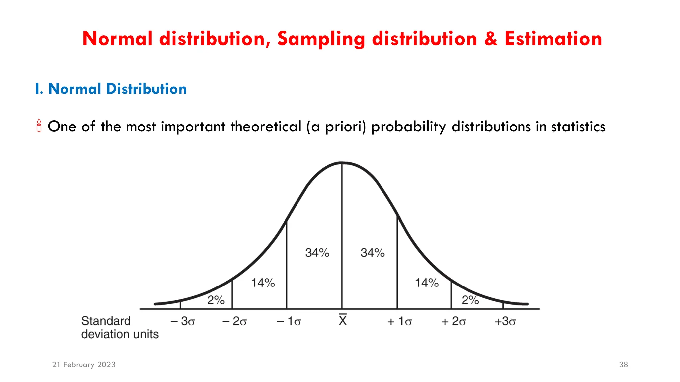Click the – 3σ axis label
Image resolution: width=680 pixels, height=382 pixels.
(x=183, y=321)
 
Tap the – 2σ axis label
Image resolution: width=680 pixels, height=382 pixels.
(x=234, y=321)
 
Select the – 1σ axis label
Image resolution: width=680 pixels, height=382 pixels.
(x=289, y=321)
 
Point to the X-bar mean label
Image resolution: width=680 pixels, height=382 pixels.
(x=343, y=320)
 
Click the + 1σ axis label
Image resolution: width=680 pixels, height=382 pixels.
(x=399, y=321)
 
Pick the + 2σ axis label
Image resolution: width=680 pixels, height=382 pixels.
(x=454, y=321)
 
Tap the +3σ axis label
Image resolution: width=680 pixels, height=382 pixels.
(x=505, y=321)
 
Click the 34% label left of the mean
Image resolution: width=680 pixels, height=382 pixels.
(x=317, y=253)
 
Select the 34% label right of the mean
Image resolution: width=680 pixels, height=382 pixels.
(x=373, y=253)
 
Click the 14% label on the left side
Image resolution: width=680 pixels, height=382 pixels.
(x=263, y=283)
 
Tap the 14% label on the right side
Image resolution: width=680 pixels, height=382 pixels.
(x=427, y=283)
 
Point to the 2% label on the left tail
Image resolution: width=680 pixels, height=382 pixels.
(x=216, y=300)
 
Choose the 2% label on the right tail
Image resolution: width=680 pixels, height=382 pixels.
(x=470, y=300)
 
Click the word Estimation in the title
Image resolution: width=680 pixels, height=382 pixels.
(x=553, y=39)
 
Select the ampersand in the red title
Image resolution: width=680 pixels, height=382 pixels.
(x=491, y=39)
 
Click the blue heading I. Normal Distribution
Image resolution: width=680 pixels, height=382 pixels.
(x=111, y=89)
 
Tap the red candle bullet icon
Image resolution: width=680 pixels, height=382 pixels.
(x=39, y=126)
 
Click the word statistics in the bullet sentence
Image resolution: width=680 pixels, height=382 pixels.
(x=578, y=127)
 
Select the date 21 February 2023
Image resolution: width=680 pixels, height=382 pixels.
(x=84, y=365)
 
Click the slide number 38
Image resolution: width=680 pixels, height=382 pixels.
(x=623, y=365)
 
